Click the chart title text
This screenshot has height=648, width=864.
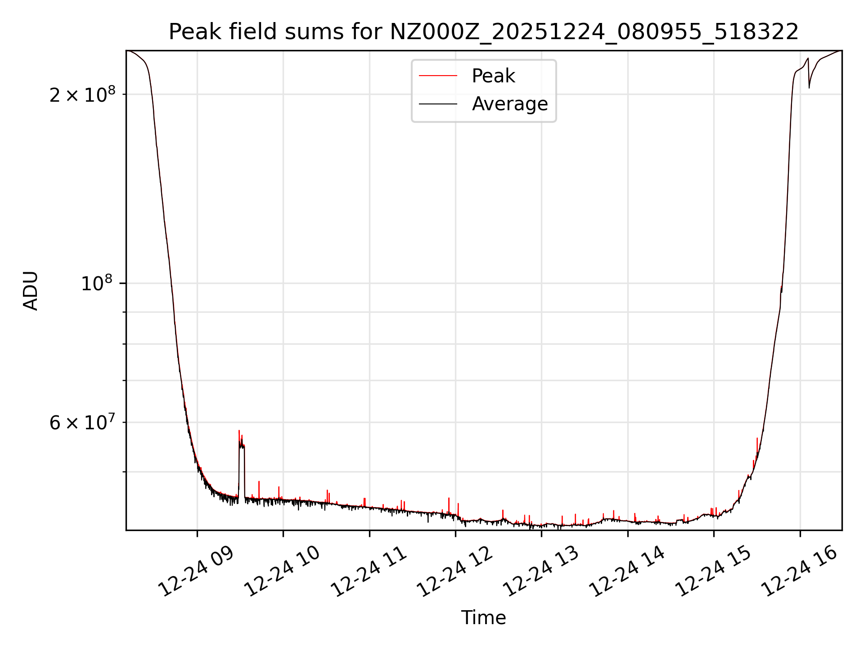pyautogui.click(x=483, y=32)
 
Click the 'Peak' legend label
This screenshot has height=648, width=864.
pyautogui.click(x=493, y=76)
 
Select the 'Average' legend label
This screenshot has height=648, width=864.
pyautogui.click(x=509, y=104)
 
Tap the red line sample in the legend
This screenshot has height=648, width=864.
pyautogui.click(x=438, y=76)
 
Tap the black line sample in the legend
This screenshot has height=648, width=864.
pyautogui.click(x=438, y=104)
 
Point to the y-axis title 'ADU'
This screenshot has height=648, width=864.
pyautogui.click(x=31, y=291)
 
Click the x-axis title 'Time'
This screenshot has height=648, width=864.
pyautogui.click(x=483, y=618)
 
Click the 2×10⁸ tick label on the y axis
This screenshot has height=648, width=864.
pyautogui.click(x=82, y=94)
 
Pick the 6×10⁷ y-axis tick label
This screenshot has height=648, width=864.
pyautogui.click(x=82, y=423)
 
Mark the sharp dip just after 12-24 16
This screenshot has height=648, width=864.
pyautogui.click(x=809, y=86)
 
